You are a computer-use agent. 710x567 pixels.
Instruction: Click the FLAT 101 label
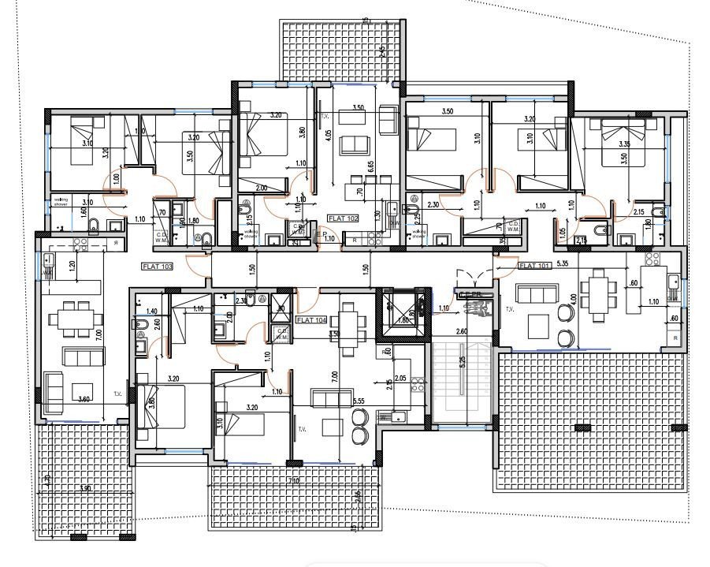[537, 265]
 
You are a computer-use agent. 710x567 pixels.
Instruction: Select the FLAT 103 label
[158, 266]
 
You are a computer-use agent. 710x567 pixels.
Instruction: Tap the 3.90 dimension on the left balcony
[84, 489]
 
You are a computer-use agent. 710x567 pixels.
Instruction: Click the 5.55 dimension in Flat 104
[359, 401]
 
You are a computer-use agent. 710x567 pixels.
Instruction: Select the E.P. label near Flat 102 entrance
[321, 234]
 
